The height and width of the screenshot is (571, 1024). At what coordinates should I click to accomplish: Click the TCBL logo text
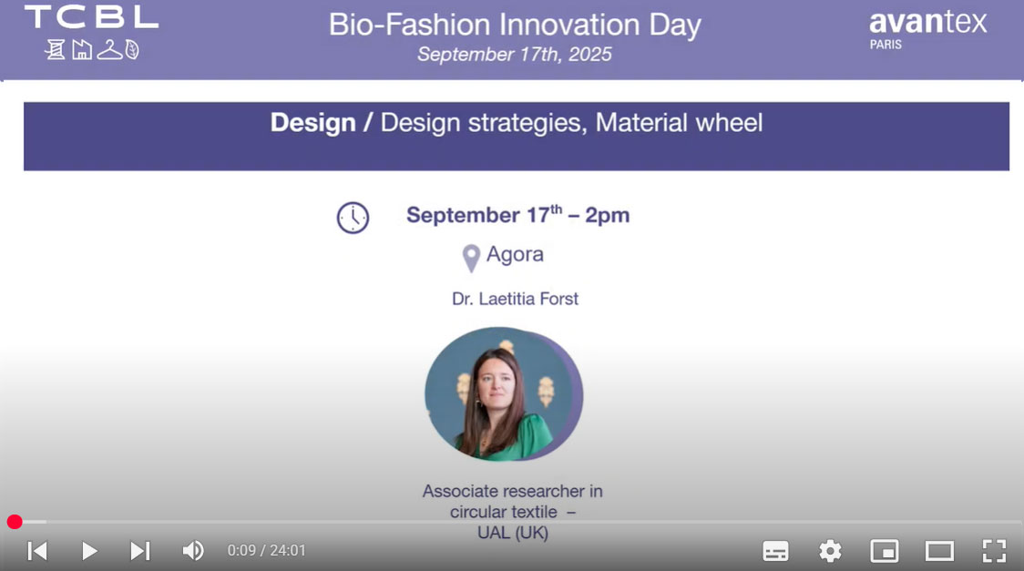point(91,17)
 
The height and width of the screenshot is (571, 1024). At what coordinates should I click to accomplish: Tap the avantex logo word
point(928,22)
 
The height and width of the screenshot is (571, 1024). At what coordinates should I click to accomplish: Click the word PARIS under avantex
point(886,45)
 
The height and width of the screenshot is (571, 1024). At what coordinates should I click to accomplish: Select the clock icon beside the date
point(353,218)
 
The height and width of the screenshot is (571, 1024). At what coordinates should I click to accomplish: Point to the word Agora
point(515,254)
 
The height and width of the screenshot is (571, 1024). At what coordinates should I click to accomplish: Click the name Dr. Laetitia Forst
point(516,299)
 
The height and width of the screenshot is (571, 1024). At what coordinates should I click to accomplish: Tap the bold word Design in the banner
point(312,123)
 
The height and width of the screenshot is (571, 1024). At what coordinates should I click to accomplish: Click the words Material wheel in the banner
point(679,123)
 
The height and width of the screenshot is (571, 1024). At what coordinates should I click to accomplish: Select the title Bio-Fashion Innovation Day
point(515,25)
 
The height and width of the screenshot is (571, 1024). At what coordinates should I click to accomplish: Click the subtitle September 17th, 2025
point(515,54)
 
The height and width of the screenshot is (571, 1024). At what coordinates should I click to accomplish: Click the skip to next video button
point(139,551)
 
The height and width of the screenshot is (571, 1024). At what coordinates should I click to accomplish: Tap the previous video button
point(37,551)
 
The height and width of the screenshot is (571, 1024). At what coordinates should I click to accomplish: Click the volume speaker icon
point(192,551)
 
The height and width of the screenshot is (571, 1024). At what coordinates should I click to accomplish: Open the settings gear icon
point(830,551)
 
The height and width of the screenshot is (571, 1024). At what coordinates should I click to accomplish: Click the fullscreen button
point(994,551)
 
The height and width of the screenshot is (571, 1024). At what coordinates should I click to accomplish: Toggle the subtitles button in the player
point(775,551)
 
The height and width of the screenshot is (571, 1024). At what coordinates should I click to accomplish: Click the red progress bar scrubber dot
point(15,522)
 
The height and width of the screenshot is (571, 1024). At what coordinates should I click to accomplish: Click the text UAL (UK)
point(513,533)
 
